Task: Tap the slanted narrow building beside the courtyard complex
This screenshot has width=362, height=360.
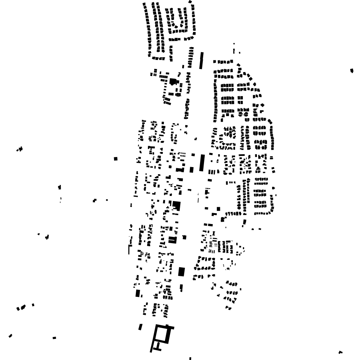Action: pos(140,327)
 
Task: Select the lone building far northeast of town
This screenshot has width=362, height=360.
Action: pos(352,71)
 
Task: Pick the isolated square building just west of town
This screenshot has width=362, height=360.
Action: pos(116,159)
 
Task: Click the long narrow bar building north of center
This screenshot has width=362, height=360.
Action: pos(201,61)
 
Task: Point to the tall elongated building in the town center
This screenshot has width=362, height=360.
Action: pos(202,162)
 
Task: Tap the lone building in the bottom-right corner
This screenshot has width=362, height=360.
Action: pos(341,352)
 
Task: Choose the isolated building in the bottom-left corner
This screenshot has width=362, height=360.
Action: pos(11,335)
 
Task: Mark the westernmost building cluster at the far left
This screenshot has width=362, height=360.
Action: pos(19,149)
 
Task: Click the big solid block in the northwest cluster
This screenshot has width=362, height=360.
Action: pos(173,81)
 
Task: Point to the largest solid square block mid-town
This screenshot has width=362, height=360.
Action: pos(176,205)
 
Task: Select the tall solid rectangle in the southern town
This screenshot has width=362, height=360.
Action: pos(181,271)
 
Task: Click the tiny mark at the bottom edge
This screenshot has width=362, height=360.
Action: pos(190,358)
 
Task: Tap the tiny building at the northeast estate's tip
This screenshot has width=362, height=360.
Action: pos(234,44)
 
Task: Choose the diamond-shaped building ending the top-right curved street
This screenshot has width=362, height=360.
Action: pos(190,2)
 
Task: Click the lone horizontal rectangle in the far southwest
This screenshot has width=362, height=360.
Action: pos(54,338)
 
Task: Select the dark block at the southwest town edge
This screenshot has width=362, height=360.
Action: pos(137,293)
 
